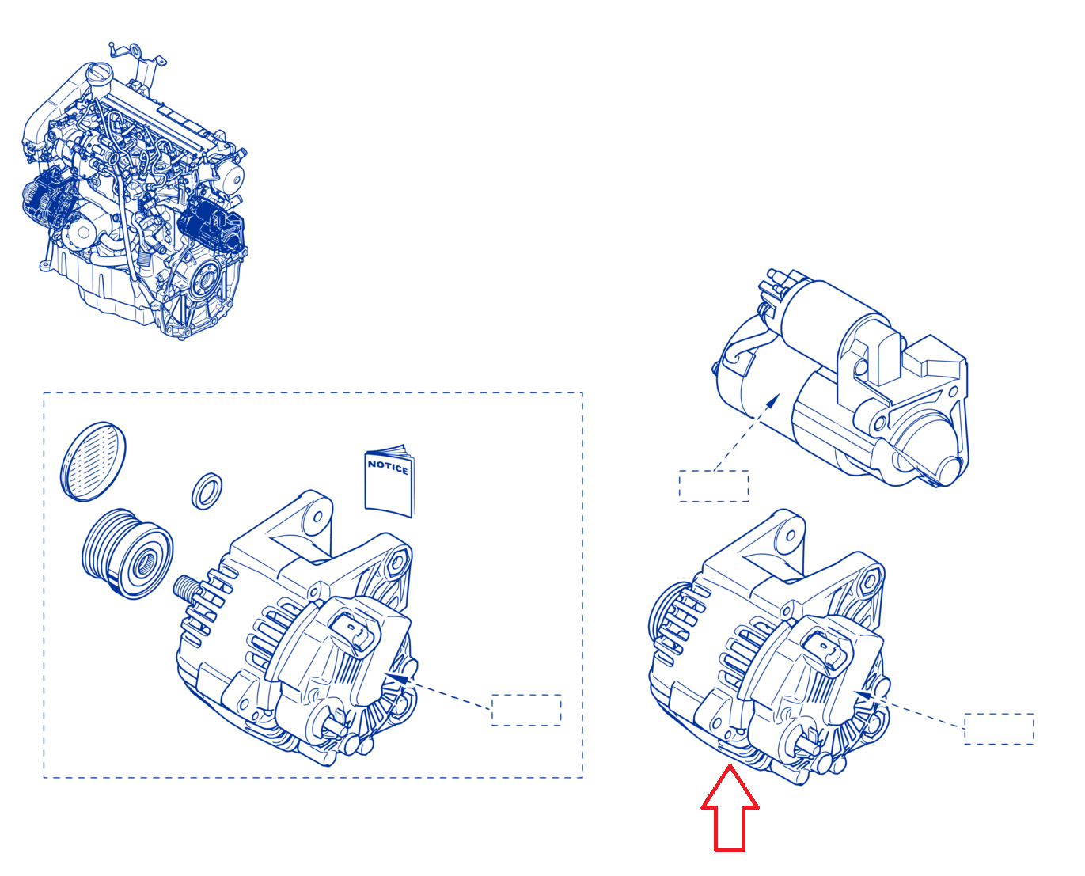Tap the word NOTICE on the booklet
(x=388, y=467)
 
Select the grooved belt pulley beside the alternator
(x=127, y=553)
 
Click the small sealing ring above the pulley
(x=207, y=491)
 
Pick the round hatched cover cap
(x=93, y=461)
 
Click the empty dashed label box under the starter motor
(x=714, y=486)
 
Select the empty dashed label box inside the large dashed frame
(x=526, y=710)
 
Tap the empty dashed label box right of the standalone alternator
(x=999, y=729)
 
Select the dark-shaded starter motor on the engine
(x=211, y=224)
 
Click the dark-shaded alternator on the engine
(x=50, y=199)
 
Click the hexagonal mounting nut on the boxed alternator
(x=396, y=562)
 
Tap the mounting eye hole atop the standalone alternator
(x=791, y=535)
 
